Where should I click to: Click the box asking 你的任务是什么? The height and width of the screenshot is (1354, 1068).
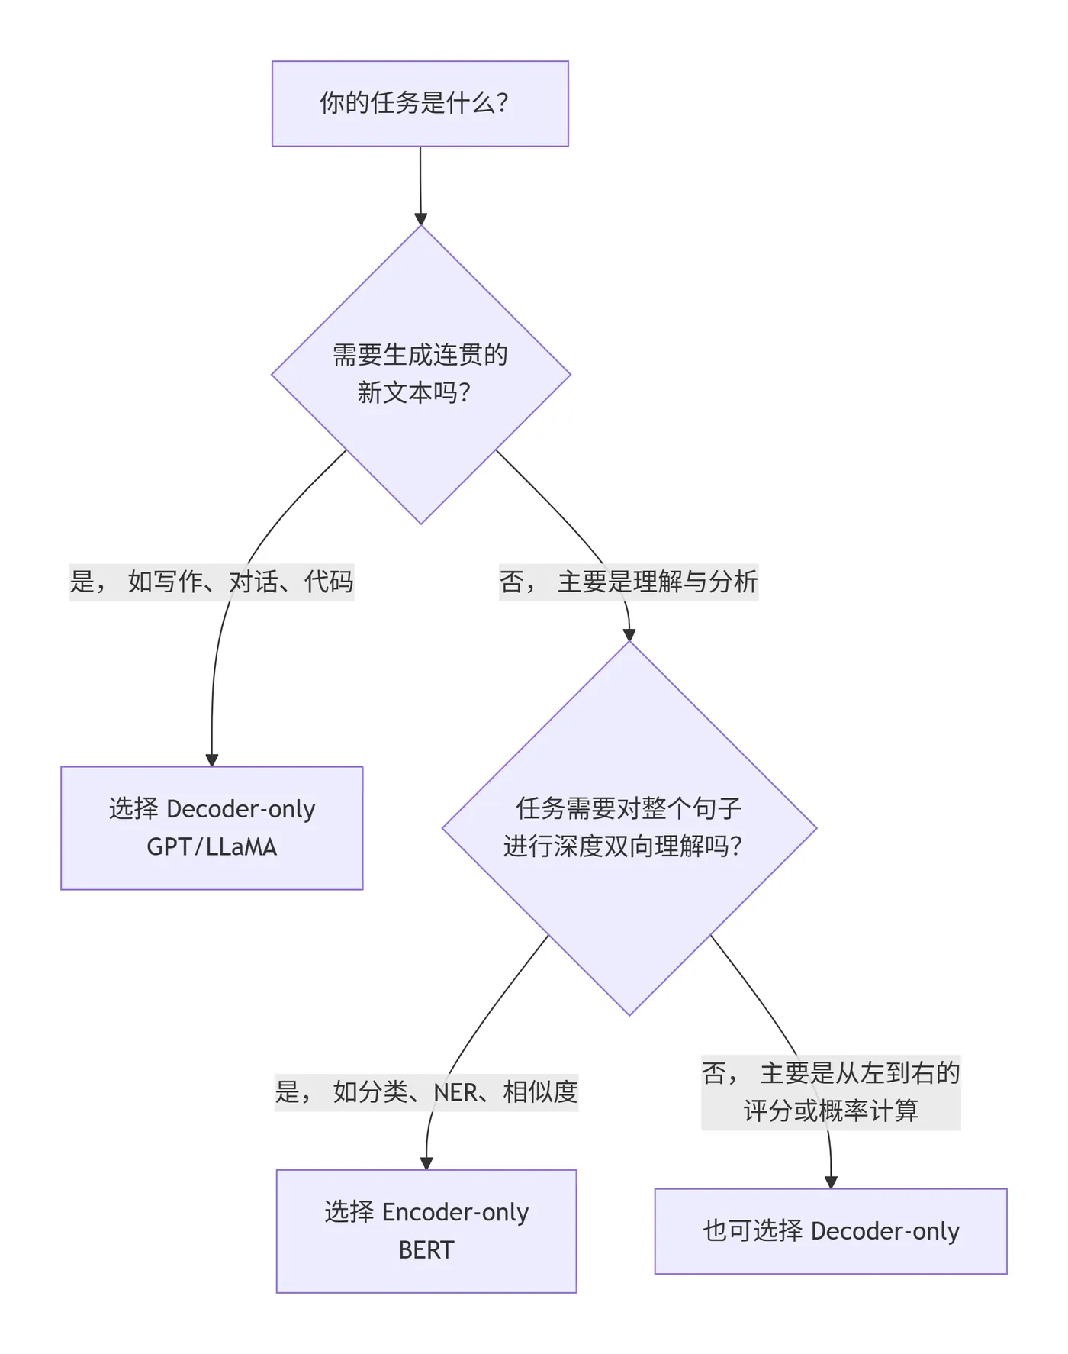(x=420, y=103)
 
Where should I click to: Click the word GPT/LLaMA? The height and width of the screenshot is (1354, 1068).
(x=211, y=847)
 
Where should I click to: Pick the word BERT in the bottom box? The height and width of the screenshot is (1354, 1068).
(x=426, y=1250)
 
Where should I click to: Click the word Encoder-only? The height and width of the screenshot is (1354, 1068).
(x=455, y=1212)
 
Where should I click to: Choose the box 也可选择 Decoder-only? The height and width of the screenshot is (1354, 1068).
(x=830, y=1231)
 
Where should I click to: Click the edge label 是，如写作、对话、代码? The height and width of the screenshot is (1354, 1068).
(x=211, y=582)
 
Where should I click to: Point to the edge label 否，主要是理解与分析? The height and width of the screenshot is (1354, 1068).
(x=628, y=582)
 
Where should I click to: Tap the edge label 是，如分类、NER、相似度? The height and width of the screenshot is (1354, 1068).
(x=426, y=1092)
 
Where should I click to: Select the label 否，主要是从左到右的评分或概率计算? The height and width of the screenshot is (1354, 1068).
(x=830, y=1092)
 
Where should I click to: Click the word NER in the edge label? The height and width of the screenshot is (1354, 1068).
(x=455, y=1092)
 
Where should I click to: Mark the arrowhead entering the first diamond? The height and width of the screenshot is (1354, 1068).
(x=420, y=219)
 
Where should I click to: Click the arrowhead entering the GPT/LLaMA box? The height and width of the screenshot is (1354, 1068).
(x=212, y=760)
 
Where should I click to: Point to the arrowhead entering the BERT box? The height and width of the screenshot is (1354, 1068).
(x=426, y=1163)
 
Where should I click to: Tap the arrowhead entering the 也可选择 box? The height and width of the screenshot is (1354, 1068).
(x=831, y=1182)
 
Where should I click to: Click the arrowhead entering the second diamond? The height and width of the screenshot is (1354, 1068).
(x=629, y=634)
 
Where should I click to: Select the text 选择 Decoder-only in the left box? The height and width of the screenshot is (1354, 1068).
(x=211, y=809)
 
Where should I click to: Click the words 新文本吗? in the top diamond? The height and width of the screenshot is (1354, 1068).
(x=413, y=393)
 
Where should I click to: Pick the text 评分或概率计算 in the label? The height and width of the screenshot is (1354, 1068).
(x=830, y=1111)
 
